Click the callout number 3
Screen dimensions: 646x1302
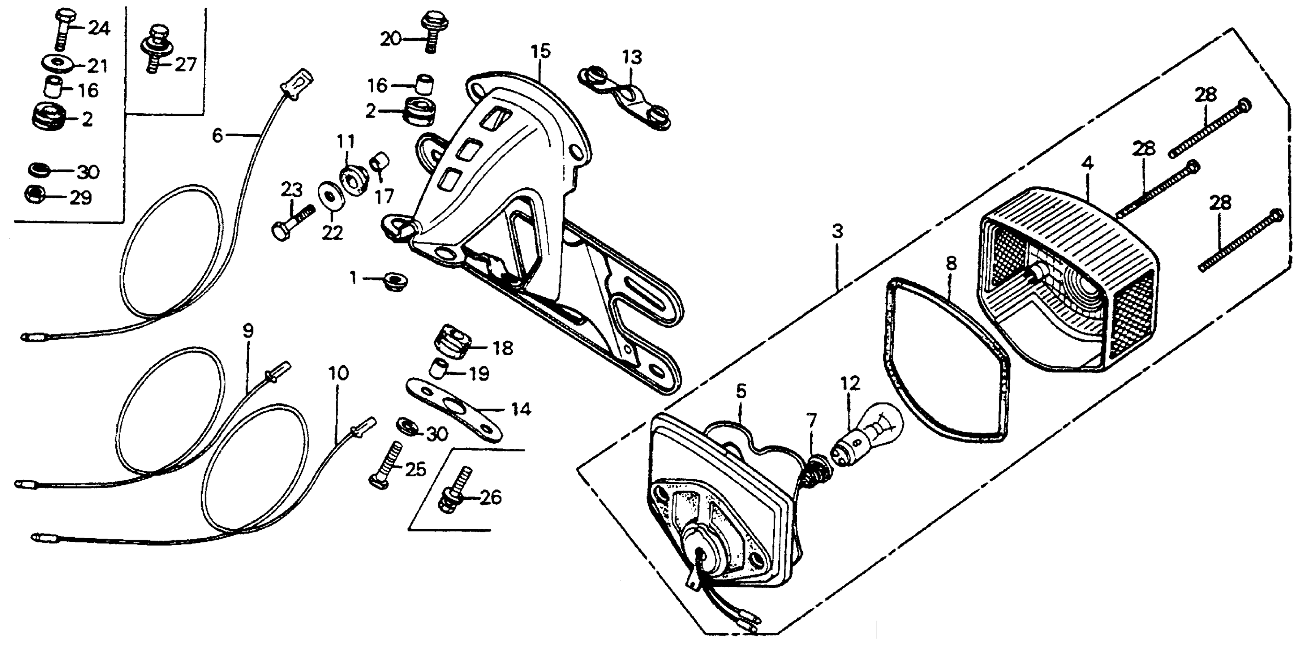[837, 232]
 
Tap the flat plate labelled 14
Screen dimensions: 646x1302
[455, 410]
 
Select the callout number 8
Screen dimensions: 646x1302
[951, 264]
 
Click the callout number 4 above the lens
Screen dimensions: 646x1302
[1087, 164]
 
